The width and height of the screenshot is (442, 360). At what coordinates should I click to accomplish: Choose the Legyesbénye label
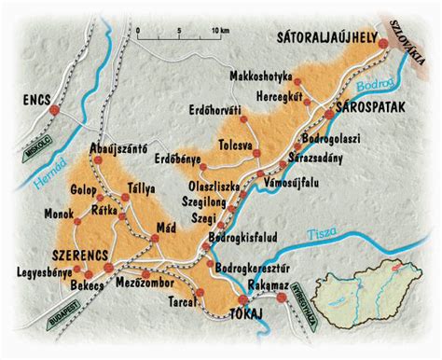click(x=42, y=274)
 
